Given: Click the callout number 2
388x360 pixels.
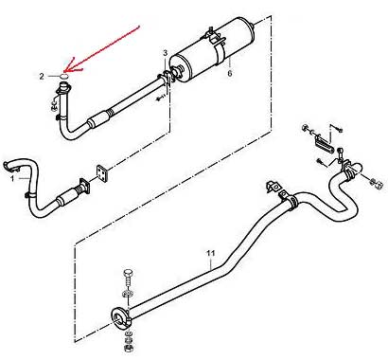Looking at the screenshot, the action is [42, 76].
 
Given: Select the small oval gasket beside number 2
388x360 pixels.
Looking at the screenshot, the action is [64, 76].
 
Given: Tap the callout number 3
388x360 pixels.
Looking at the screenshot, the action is [166, 53].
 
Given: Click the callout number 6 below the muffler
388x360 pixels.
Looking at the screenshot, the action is [230, 73].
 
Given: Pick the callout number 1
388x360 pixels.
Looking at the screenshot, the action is [12, 179].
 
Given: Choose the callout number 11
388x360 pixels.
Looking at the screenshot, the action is [211, 253].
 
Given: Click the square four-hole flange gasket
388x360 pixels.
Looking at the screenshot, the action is [102, 173].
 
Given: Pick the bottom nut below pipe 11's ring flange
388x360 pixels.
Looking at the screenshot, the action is [129, 348].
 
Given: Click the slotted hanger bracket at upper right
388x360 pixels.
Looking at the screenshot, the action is [324, 143].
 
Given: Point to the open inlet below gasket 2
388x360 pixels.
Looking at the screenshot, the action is [64, 85].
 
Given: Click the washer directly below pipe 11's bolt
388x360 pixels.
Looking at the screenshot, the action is [128, 294].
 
